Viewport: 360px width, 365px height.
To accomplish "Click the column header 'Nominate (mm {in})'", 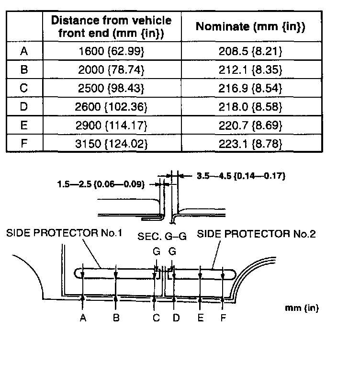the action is click(x=251, y=26).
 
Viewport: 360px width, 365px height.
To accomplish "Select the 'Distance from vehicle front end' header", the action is click(x=111, y=26).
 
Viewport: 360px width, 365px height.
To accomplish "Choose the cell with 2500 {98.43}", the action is click(x=111, y=88).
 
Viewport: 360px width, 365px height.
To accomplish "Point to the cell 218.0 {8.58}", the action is click(x=251, y=107).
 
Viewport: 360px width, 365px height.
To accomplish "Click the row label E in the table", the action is click(x=24, y=125).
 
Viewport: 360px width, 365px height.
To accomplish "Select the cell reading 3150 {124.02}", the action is click(x=111, y=143).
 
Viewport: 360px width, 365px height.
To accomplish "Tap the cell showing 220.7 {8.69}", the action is click(x=251, y=125).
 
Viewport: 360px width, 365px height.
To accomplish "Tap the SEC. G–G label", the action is click(x=162, y=237).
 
